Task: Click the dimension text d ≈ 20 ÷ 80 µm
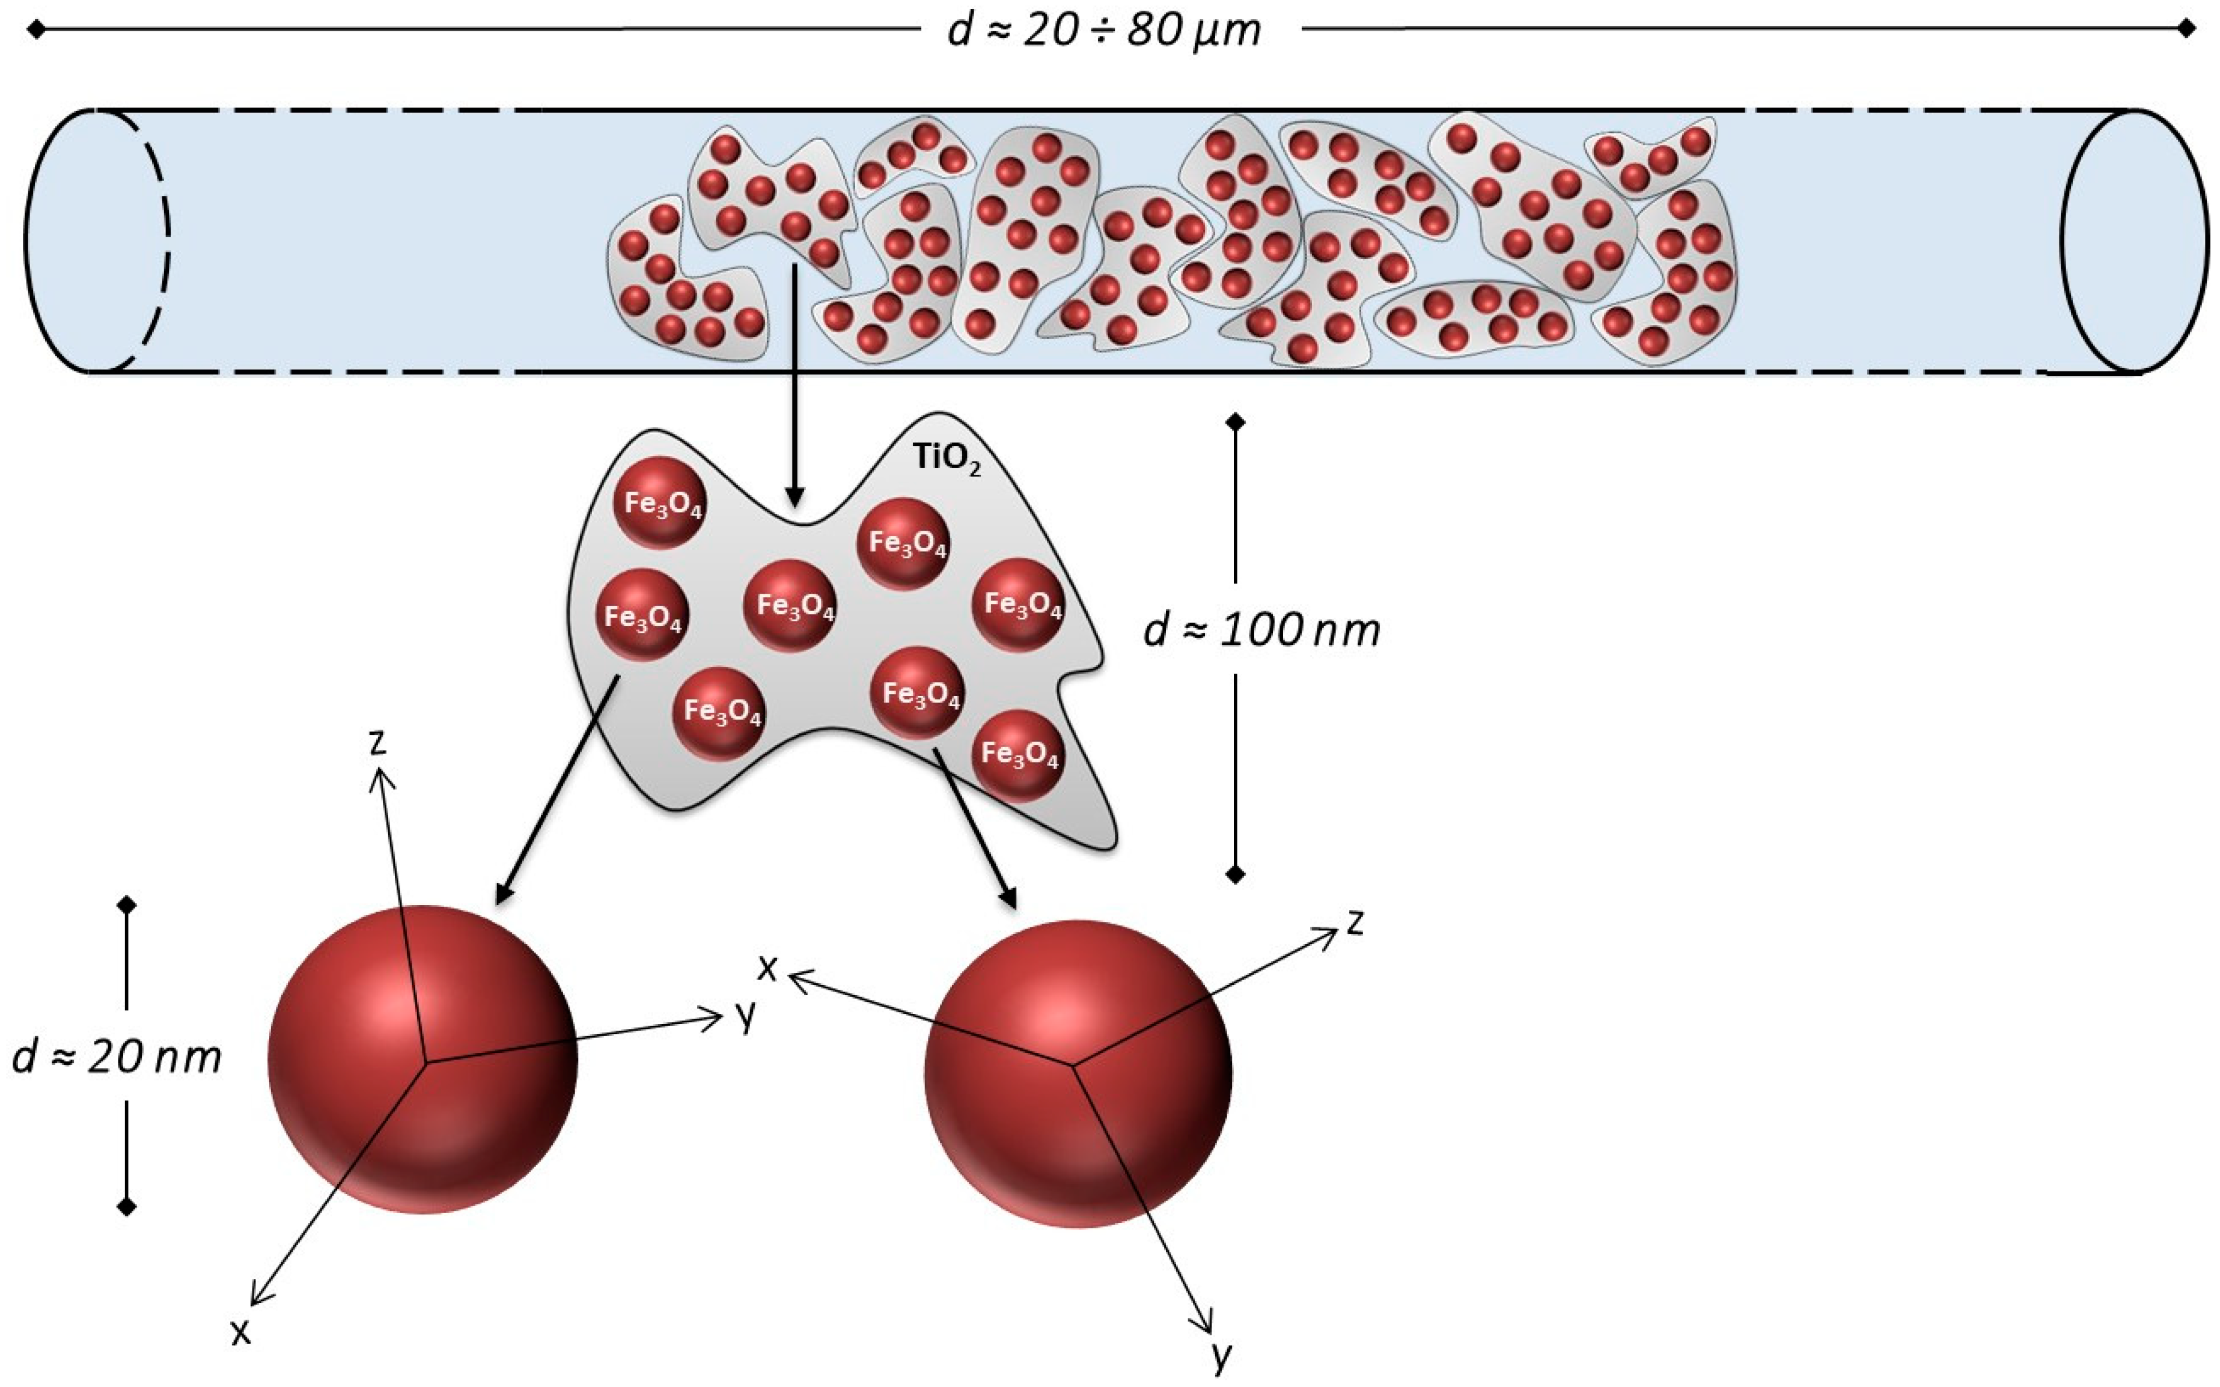click(1105, 30)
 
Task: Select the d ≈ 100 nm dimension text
click(1261, 630)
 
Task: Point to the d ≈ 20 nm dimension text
click(117, 1058)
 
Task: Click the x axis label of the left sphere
click(240, 1332)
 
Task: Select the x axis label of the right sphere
click(767, 967)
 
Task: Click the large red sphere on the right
click(1078, 1073)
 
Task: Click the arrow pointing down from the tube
click(794, 385)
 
